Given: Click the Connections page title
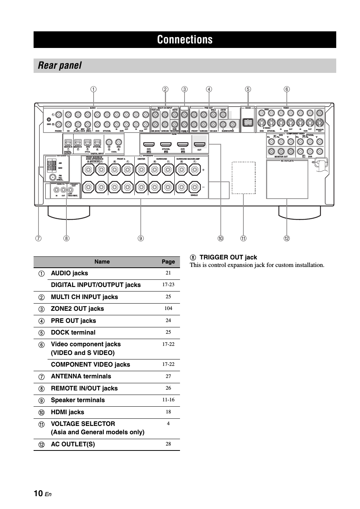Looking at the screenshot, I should tap(185, 40).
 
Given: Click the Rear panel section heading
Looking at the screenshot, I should tap(60, 65).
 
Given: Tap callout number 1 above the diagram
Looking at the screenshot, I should tap(93, 89).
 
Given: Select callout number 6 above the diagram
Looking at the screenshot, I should tap(287, 89).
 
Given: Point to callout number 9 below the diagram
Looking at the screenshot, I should tap(141, 238).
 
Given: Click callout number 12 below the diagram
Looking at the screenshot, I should tap(287, 238).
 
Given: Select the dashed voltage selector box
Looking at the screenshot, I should tap(243, 177).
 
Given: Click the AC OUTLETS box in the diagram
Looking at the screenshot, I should tap(287, 179).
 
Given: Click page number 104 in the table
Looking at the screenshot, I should tap(168, 308).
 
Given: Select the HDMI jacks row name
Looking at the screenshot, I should tap(68, 412).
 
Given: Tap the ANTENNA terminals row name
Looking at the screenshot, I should tap(81, 376).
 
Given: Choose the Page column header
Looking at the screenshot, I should tap(168, 262).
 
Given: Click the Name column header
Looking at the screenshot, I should tap(102, 262).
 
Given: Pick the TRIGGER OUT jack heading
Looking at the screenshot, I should tap(228, 258).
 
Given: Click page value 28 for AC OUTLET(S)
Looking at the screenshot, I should tap(168, 444).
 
